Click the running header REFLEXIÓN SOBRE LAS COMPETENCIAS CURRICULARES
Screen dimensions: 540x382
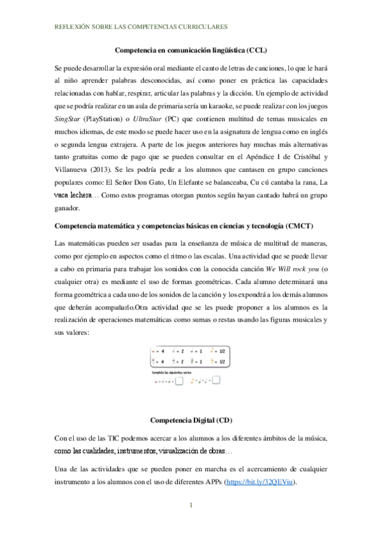click(138, 27)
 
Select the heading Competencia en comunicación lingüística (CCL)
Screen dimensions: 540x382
click(190, 49)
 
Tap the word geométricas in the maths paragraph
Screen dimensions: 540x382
click(193, 281)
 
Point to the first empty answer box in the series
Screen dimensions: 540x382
click(179, 381)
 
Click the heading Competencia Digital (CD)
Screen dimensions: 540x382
click(190, 420)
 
